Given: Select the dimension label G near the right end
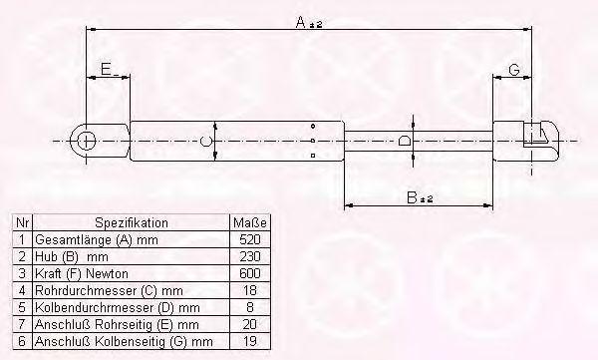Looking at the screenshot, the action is pyautogui.click(x=514, y=70).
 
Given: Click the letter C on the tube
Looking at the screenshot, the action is pyautogui.click(x=205, y=142).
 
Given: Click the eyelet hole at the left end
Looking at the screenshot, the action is pyautogui.click(x=86, y=141).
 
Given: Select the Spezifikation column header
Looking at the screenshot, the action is pyautogui.click(x=132, y=222).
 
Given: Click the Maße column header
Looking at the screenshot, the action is pyautogui.click(x=250, y=222).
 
